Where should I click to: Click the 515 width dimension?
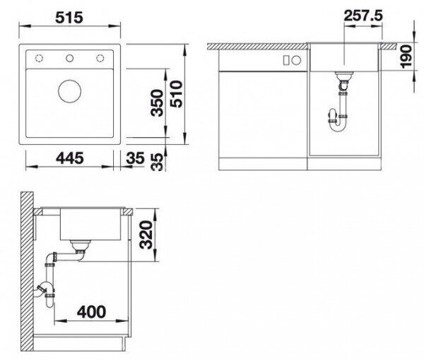click(x=69, y=18)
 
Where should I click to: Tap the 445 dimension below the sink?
click(x=70, y=158)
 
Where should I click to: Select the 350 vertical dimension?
click(x=157, y=103)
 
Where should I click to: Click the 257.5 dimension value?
click(x=363, y=16)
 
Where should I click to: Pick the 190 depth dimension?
click(x=406, y=57)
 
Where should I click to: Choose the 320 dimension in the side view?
click(x=146, y=234)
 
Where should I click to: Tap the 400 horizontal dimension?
click(x=91, y=312)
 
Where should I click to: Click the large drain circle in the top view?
click(x=69, y=91)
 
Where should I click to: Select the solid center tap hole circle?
click(x=70, y=58)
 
